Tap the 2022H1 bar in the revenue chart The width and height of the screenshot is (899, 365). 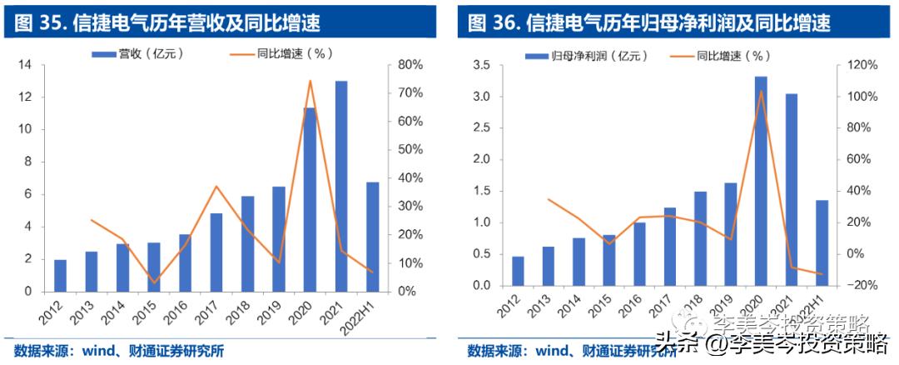(373, 237)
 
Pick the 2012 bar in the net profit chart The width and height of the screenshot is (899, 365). (518, 271)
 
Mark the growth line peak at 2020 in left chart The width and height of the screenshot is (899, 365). (310, 81)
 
